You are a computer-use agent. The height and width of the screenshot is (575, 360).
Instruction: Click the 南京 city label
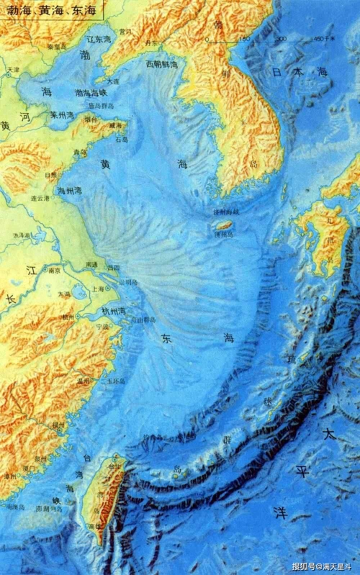[51, 271]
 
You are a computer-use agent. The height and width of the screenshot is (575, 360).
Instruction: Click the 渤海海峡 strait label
[91, 93]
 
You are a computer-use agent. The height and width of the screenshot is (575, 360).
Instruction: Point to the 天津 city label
[13, 70]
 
